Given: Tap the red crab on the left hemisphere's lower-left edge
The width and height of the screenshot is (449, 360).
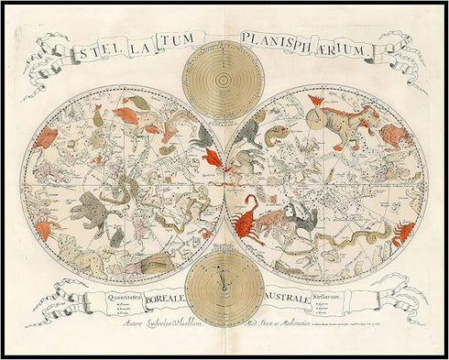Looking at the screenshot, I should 48,226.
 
